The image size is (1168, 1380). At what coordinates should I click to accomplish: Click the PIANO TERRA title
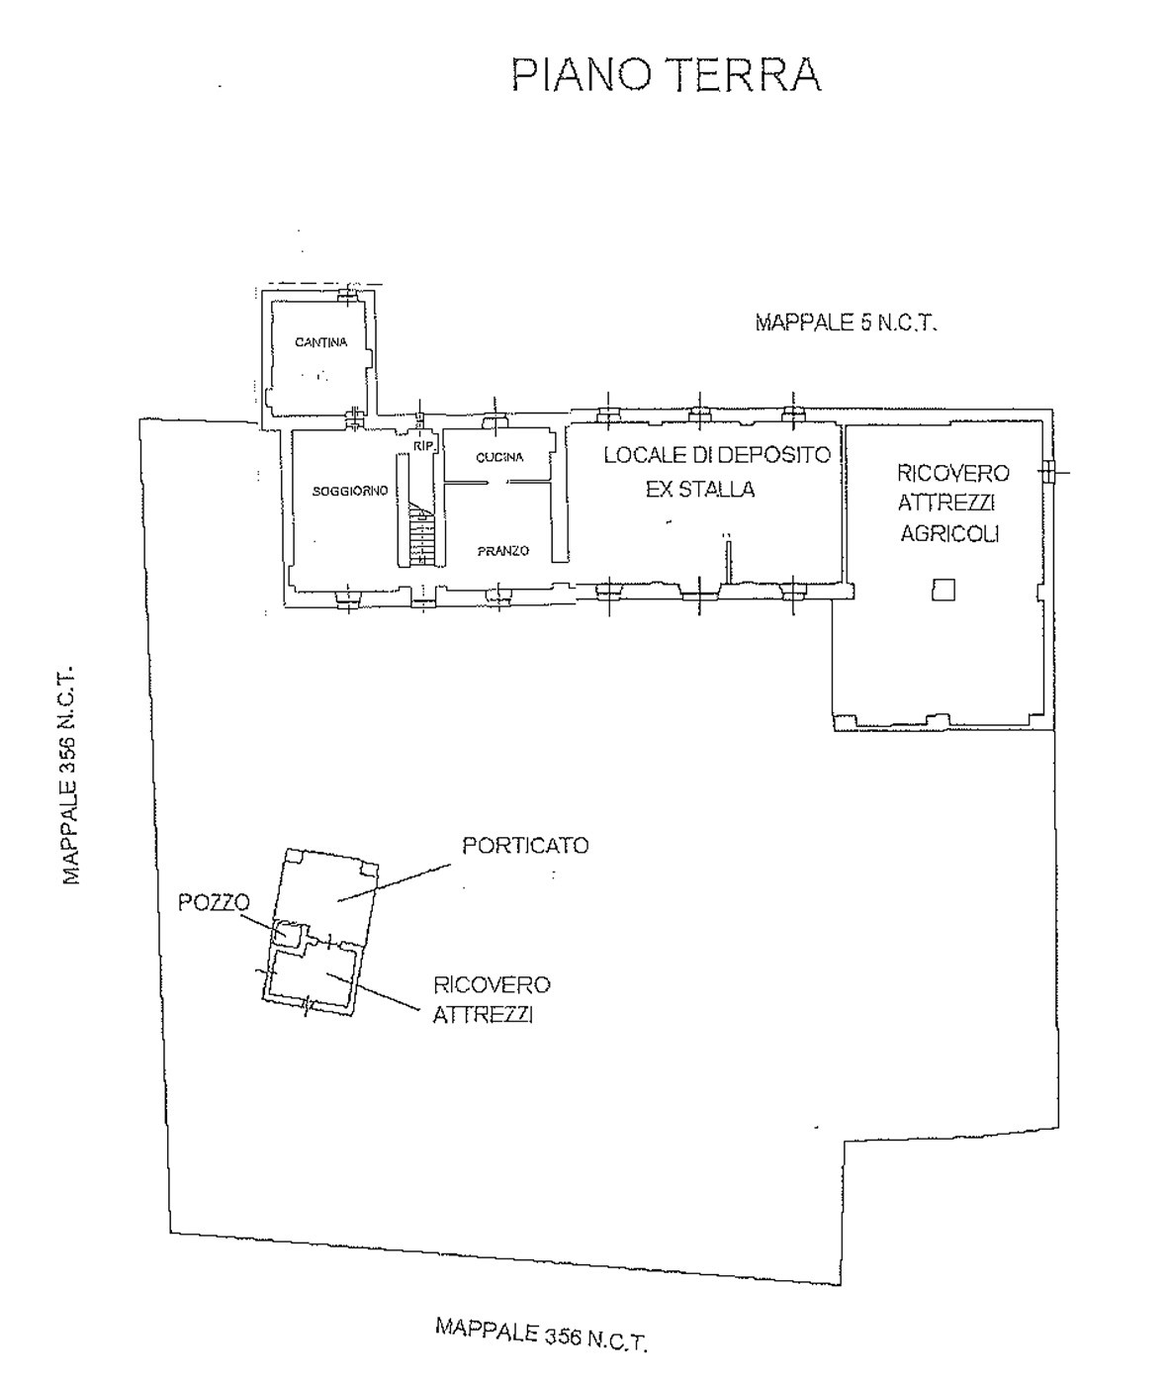[x=667, y=75]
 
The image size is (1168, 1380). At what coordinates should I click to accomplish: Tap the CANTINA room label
[x=321, y=342]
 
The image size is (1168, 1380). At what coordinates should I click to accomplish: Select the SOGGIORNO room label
[x=350, y=492]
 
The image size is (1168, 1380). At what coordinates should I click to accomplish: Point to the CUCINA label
[x=499, y=457]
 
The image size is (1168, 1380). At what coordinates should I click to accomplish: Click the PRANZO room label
[x=503, y=551]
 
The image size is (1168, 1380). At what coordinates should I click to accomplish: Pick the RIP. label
[x=424, y=447]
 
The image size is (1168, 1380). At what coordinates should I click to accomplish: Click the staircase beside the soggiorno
[x=421, y=535]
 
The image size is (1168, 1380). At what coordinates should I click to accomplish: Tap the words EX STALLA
[x=700, y=490]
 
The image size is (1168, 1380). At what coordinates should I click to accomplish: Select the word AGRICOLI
[x=949, y=533]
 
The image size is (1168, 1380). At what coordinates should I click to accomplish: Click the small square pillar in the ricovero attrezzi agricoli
[x=943, y=590]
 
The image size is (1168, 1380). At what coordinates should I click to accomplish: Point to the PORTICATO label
[x=526, y=846]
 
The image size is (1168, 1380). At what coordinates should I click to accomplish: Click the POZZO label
[x=214, y=902]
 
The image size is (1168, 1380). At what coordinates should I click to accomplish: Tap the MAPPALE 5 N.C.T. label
[x=847, y=323]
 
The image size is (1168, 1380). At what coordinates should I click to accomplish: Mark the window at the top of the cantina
[x=347, y=294]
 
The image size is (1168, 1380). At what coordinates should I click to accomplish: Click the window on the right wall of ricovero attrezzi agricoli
[x=1048, y=472]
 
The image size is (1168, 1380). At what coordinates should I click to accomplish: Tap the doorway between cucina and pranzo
[x=497, y=482]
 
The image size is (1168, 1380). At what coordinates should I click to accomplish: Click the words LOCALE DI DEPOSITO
[x=717, y=455]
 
